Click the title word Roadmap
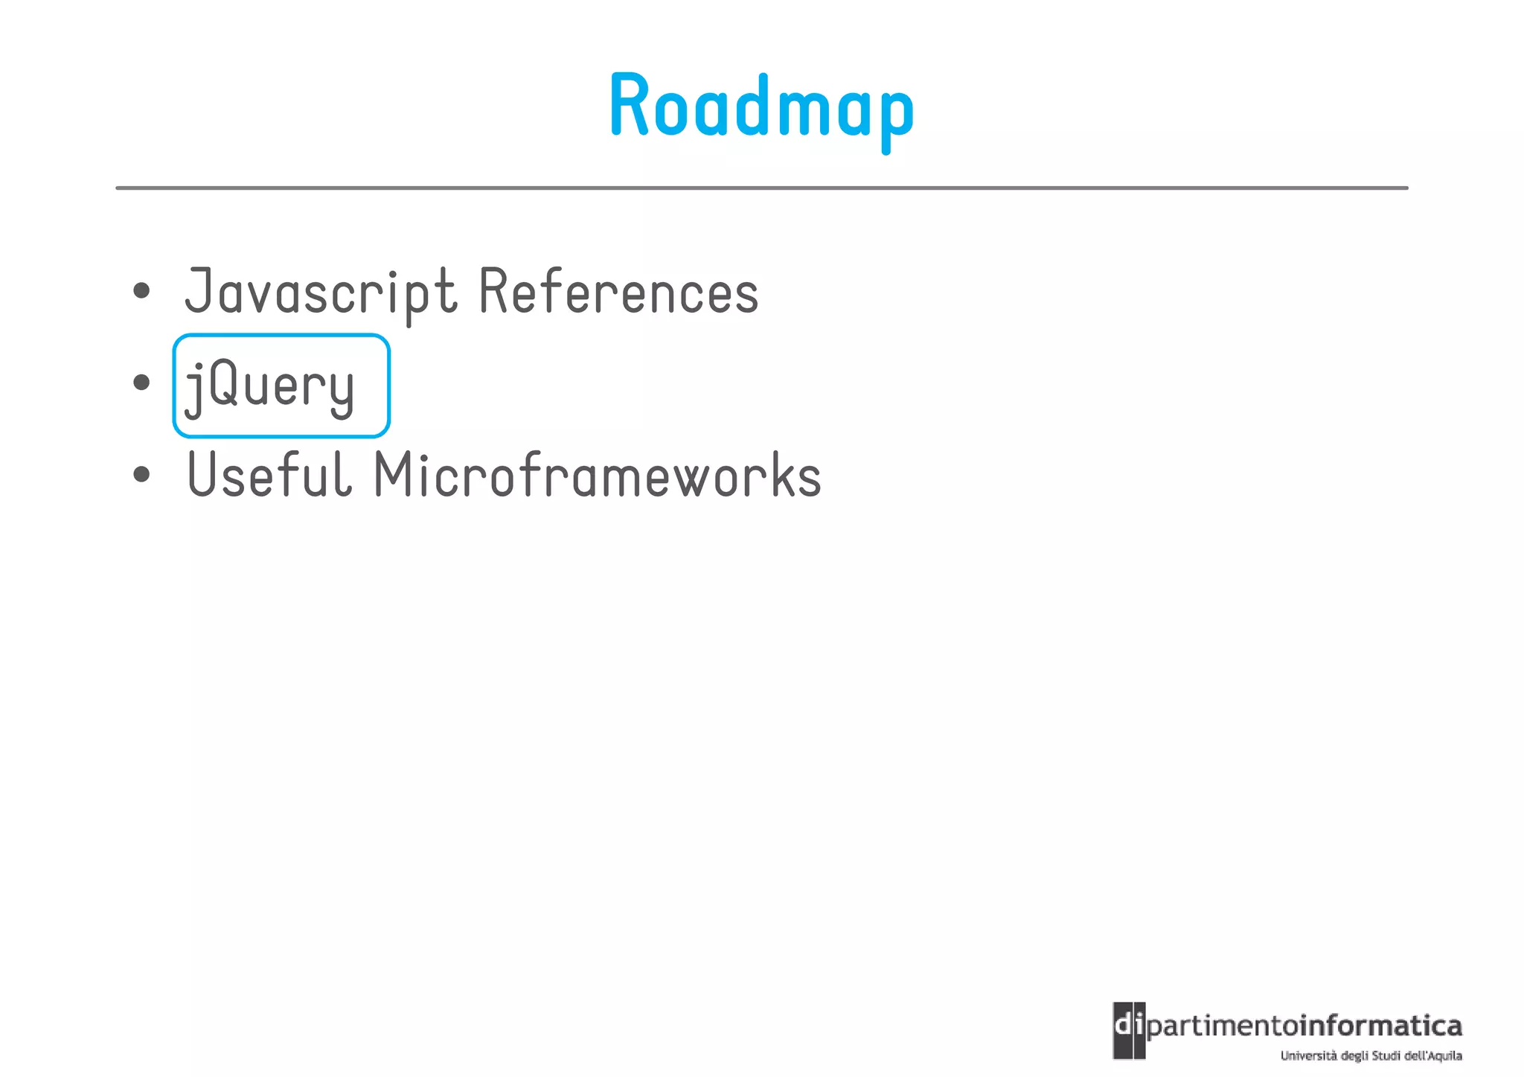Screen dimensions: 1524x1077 [761, 106]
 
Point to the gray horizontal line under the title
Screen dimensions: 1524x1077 [761, 188]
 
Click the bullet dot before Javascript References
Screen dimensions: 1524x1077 [141, 291]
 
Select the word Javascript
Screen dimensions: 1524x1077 [320, 293]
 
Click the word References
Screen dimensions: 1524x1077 [618, 291]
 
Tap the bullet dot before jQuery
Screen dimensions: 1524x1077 [141, 383]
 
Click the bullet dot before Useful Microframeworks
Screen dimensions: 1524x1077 [141, 475]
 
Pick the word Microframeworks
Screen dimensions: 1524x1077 [598, 475]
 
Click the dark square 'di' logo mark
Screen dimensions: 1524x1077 [1129, 1030]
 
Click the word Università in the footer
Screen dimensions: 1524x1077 [1307, 1055]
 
